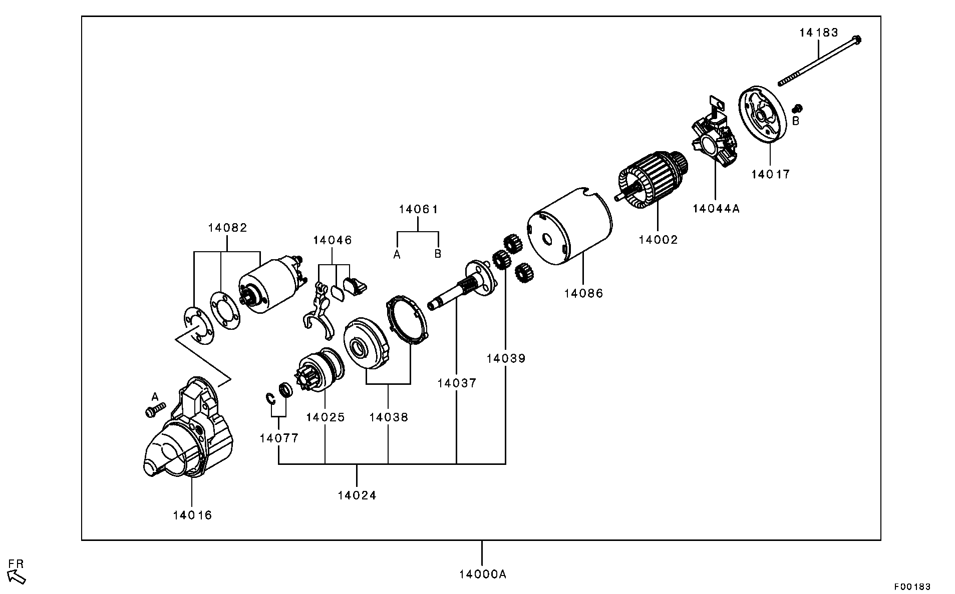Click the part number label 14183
coord(818,33)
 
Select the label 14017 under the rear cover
coord(770,174)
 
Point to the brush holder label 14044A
coord(716,209)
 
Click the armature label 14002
coord(658,240)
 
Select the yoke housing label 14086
coord(583,293)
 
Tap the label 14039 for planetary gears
coord(505,358)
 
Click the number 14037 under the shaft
coord(456,383)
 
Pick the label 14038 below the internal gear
coord(389,417)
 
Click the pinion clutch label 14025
coord(325,417)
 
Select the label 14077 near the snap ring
coord(278,438)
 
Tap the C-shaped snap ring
coord(270,398)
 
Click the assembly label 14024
coord(357,495)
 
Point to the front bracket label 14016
coord(192,515)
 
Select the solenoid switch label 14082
coord(227,228)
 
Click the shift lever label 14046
coord(333,240)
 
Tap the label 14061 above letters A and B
coord(418,209)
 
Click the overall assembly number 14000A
coord(482,574)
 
